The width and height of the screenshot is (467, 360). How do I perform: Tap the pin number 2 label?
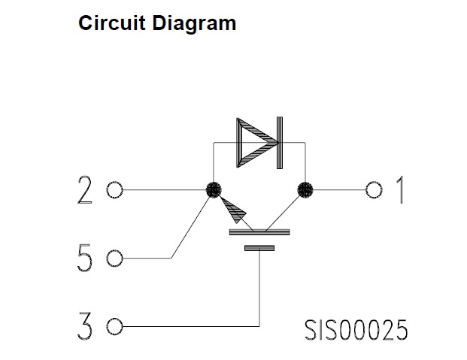point(85,190)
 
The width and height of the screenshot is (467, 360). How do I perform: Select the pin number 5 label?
point(85,259)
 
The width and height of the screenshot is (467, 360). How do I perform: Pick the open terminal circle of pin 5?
point(114,259)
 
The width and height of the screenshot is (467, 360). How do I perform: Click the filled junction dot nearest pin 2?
point(214,189)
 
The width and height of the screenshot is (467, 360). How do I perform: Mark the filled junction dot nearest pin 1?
point(305,189)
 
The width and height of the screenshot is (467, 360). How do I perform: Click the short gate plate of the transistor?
point(259,247)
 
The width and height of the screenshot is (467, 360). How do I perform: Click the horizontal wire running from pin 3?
point(188,327)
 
